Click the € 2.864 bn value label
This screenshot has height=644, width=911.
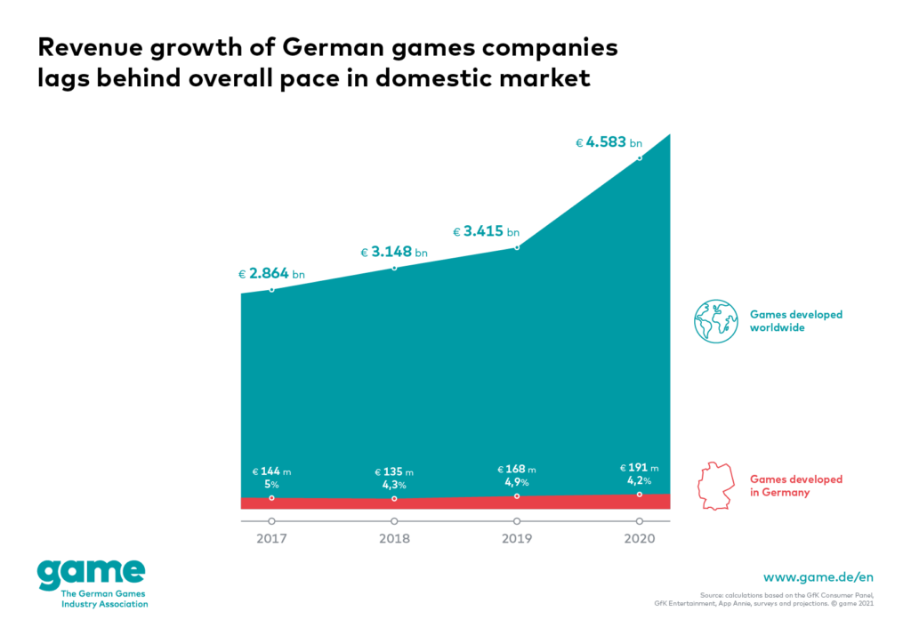click(x=271, y=274)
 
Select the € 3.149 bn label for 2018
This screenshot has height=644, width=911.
click(x=393, y=253)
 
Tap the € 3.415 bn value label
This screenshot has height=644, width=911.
click(x=487, y=232)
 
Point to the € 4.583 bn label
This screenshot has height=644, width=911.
click(x=609, y=141)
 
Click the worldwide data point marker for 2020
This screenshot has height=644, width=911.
click(x=639, y=157)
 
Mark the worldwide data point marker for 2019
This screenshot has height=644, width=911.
click(x=517, y=246)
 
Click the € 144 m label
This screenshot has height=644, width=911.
click(x=271, y=471)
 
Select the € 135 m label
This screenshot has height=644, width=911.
click(x=394, y=472)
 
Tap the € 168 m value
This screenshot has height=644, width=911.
click(x=517, y=470)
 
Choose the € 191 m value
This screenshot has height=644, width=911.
click(x=639, y=468)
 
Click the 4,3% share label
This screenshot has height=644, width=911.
click(x=394, y=485)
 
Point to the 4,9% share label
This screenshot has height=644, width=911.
click(x=517, y=482)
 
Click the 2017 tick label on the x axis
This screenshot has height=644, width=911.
click(x=271, y=538)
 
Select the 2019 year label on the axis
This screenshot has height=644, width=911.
click(x=517, y=538)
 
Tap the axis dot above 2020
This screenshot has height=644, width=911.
click(x=639, y=520)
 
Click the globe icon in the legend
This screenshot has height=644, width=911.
click(x=716, y=321)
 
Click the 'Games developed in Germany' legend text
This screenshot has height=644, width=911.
click(x=796, y=486)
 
